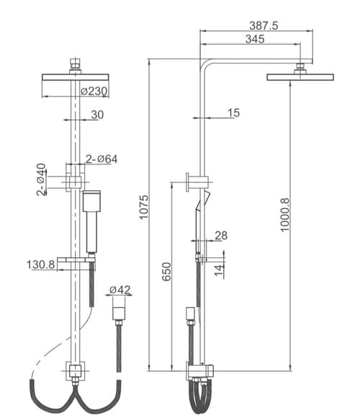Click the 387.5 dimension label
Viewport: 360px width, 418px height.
point(264,26)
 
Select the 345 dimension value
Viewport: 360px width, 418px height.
point(255,39)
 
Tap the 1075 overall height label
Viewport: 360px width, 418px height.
point(144,207)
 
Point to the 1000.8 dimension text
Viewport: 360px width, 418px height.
point(284,215)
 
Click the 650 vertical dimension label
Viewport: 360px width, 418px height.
point(167,272)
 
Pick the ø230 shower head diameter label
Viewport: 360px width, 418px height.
point(94,92)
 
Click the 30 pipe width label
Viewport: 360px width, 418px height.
point(97,115)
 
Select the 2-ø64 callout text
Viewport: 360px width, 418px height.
point(102,159)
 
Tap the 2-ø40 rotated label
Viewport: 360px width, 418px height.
point(41,179)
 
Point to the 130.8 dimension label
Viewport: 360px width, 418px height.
point(40,264)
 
